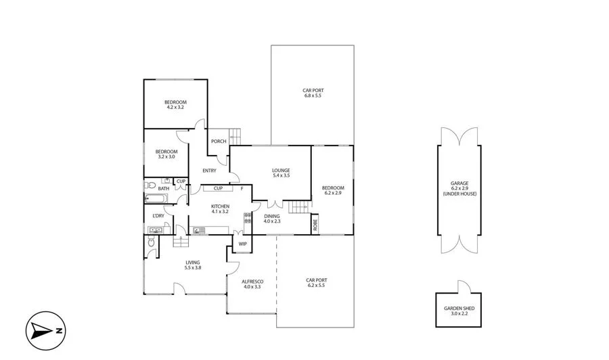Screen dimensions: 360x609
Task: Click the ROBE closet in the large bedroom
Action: [315, 225]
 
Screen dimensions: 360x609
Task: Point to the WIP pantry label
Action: [242, 244]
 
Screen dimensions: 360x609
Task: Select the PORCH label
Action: [219, 141]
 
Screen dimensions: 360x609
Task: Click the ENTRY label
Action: [209, 171]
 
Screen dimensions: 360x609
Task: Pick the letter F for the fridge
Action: [242, 189]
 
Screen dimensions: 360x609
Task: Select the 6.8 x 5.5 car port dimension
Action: [312, 96]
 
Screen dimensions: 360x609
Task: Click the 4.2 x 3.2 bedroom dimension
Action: [175, 107]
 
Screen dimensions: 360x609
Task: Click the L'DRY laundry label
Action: [158, 216]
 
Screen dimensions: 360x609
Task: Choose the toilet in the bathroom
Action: [152, 184]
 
